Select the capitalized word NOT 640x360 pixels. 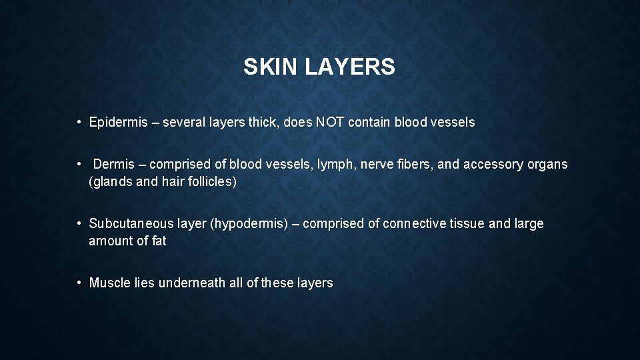point(331,123)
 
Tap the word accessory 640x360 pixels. point(489,165)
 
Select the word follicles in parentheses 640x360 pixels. point(208,181)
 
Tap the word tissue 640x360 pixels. point(467,224)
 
